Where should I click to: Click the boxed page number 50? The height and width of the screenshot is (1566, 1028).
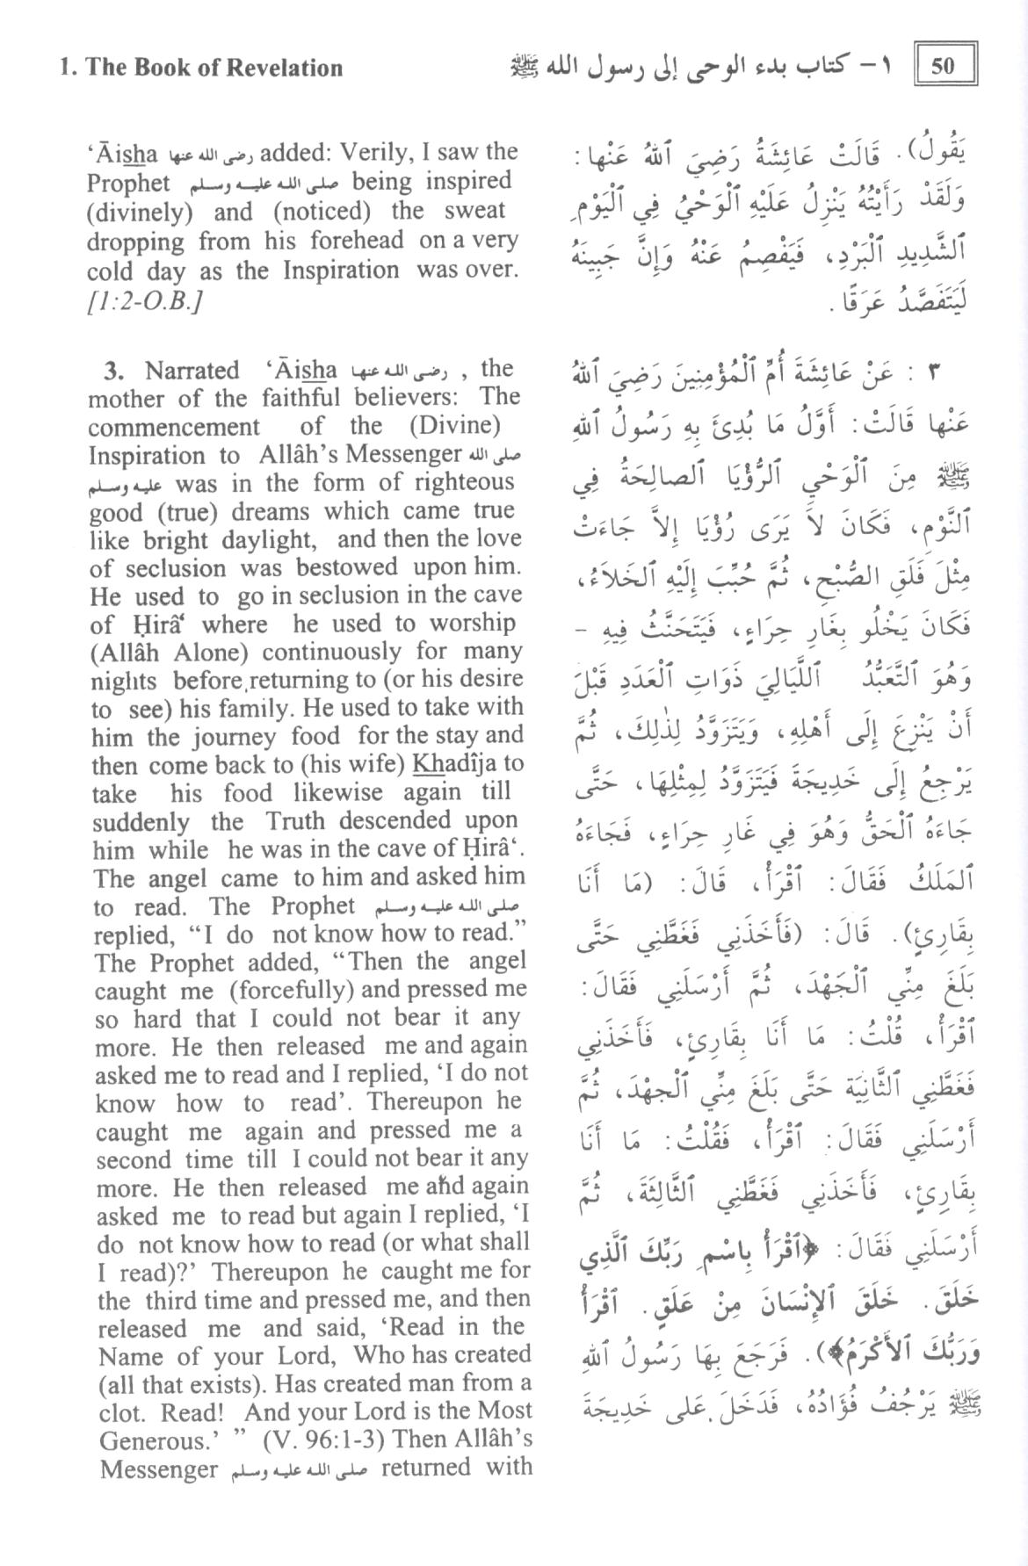(x=945, y=66)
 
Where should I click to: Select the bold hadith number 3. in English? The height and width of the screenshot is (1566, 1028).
(x=114, y=371)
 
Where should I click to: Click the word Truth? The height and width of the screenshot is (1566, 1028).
(x=295, y=821)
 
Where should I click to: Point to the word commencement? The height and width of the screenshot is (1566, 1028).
(x=174, y=428)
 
